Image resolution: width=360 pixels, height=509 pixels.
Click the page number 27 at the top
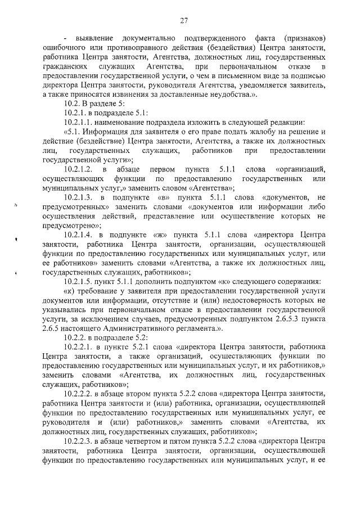(x=183, y=21)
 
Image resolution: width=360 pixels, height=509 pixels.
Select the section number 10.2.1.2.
(x=78, y=169)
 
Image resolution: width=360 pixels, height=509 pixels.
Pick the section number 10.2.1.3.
(x=78, y=197)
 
